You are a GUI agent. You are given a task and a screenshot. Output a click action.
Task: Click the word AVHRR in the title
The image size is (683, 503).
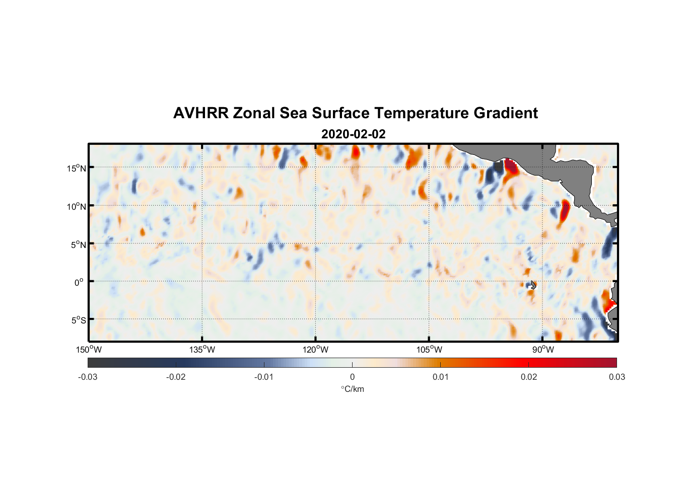[x=200, y=113]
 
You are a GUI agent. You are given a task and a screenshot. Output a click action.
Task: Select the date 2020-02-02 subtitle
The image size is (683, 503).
[x=353, y=134]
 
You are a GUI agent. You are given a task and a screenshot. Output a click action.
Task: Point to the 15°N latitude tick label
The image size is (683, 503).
[x=77, y=168]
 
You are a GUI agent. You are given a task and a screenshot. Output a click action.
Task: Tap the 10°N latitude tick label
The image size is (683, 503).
[x=77, y=206]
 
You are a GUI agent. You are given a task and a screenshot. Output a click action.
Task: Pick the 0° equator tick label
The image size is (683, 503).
[x=79, y=282]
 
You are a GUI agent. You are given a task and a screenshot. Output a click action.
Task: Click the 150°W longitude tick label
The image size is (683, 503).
[x=89, y=350]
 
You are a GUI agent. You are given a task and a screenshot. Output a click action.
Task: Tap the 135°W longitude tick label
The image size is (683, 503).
[x=202, y=350]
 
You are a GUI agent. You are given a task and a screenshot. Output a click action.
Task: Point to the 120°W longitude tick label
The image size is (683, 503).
[x=315, y=350]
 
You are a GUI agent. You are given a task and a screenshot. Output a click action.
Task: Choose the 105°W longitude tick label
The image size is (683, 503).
[x=429, y=350]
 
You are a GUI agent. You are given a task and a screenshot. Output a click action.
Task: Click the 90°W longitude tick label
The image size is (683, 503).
[x=543, y=350]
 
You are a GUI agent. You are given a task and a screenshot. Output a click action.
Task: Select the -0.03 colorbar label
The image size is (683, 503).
[x=88, y=377]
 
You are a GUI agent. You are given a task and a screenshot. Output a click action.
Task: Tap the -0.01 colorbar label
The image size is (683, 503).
[x=264, y=377]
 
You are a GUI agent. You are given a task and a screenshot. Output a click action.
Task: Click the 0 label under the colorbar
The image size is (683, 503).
[x=352, y=377]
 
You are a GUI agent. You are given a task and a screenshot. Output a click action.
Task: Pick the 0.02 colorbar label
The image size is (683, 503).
[x=529, y=377]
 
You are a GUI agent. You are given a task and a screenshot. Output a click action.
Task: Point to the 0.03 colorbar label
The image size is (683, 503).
[x=617, y=377]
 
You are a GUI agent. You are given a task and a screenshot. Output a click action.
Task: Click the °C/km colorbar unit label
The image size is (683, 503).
[x=352, y=389]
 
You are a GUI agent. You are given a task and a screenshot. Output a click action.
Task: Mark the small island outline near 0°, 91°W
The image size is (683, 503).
[x=533, y=285]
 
